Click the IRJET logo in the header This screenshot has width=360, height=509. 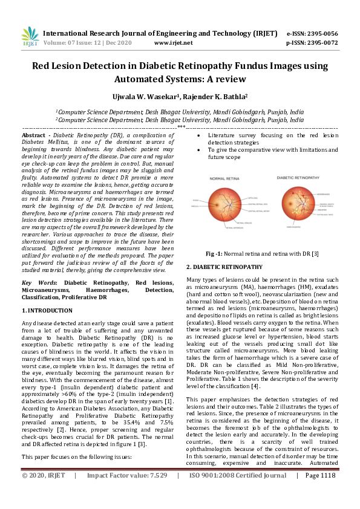[x=30, y=37]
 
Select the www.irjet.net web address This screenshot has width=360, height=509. [x=174, y=43]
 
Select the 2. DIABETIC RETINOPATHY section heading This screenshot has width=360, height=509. [x=224, y=267]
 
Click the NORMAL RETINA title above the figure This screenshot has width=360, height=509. [x=225, y=179]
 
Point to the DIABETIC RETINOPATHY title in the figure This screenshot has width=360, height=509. [x=296, y=178]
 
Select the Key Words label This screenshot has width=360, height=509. [x=39, y=283]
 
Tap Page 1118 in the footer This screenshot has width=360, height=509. [x=319, y=493]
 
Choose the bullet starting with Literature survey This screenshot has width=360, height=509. [x=267, y=136]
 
